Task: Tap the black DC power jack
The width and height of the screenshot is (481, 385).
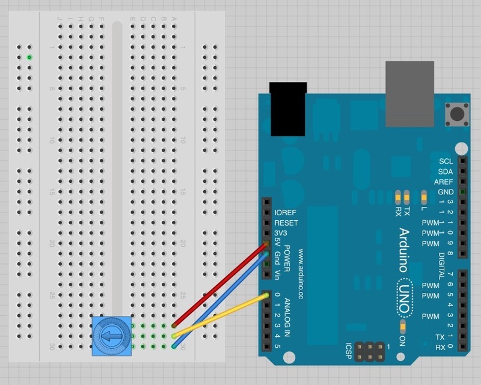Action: coord(289,109)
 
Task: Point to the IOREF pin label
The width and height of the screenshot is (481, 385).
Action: coord(286,212)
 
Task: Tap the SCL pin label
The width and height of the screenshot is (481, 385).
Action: coord(446,161)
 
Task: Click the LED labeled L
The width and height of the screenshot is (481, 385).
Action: coord(424,197)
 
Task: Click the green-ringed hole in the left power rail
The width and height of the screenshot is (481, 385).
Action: coord(29,57)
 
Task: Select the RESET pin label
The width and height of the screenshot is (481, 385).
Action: coord(286,223)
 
